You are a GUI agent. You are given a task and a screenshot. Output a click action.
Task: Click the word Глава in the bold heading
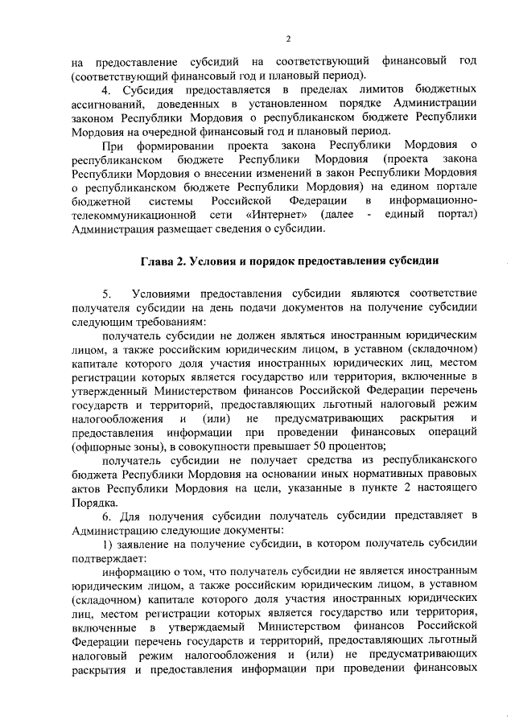point(159,261)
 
